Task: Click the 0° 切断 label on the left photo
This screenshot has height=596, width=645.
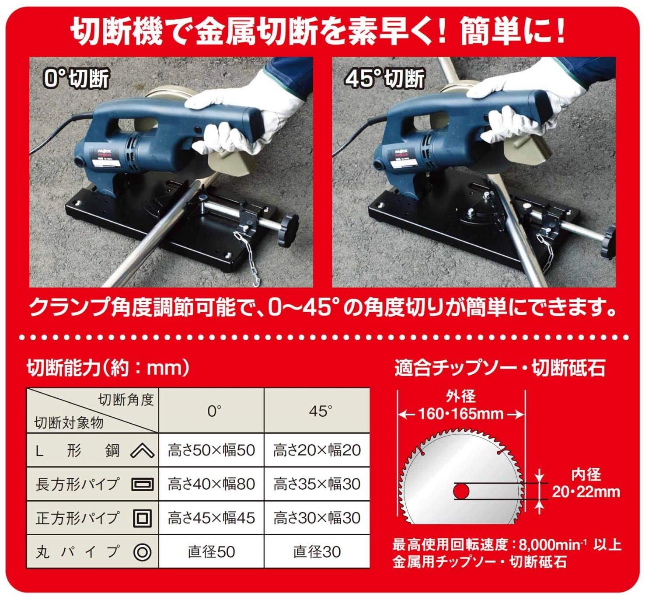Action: tap(77, 78)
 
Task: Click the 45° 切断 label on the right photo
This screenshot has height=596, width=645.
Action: tap(385, 78)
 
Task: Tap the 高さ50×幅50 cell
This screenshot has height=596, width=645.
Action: tap(211, 450)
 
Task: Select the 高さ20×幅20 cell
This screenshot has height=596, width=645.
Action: tap(317, 450)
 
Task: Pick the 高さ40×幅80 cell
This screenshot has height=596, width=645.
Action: tap(211, 484)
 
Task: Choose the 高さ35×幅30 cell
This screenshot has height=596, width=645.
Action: tap(317, 484)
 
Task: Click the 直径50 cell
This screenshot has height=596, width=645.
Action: tap(211, 552)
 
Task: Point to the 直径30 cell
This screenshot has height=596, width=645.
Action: tap(317, 552)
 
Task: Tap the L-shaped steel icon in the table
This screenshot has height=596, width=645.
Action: tap(142, 451)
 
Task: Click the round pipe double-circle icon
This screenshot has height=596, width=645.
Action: tap(142, 552)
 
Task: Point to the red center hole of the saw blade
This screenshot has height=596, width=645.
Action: tap(461, 491)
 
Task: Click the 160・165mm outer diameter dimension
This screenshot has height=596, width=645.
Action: tap(461, 414)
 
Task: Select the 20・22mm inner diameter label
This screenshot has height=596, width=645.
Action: tap(586, 492)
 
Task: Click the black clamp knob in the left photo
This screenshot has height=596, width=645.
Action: tap(288, 230)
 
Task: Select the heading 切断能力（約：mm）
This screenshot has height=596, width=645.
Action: tap(108, 368)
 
